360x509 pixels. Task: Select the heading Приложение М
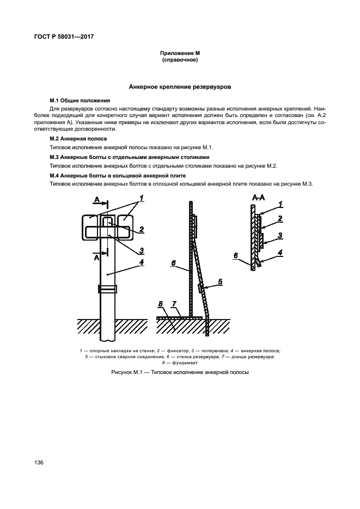(180, 53)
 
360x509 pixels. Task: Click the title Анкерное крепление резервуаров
(180, 87)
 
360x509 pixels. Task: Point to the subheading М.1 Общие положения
(80, 101)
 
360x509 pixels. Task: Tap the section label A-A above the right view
(258, 198)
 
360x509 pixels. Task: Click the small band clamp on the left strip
(107, 289)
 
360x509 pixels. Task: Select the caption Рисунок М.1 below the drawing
(180, 373)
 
